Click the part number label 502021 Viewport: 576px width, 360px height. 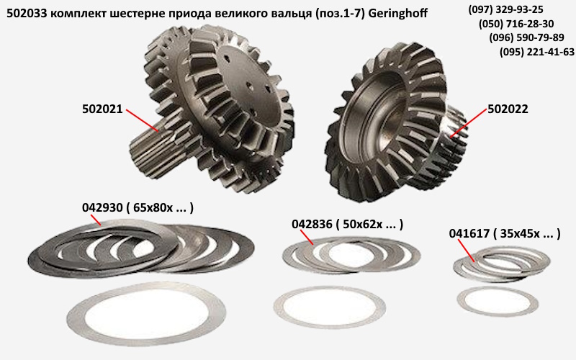point(102,109)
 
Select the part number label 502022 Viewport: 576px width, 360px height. point(508,109)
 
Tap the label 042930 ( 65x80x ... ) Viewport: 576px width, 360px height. point(138,207)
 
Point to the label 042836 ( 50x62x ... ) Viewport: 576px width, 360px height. point(348,224)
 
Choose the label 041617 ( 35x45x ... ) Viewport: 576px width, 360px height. point(505,233)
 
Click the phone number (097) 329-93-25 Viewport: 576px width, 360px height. point(506,9)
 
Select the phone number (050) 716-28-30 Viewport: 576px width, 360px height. point(516,24)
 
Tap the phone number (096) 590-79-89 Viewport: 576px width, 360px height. point(527,37)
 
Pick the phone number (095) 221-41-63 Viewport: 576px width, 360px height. point(537,52)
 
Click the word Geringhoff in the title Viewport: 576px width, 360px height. point(398,14)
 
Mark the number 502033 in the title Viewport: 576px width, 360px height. point(27,14)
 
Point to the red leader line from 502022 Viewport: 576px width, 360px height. point(468,123)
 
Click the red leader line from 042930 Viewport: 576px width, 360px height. point(96,220)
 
